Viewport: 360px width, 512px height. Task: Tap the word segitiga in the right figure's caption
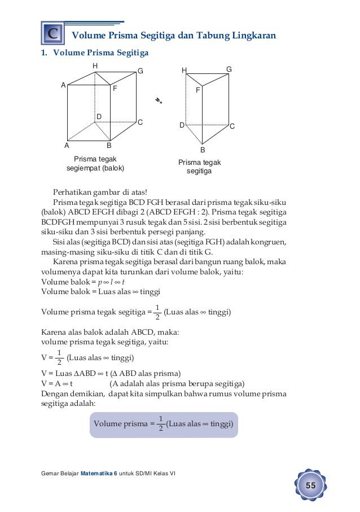(x=200, y=172)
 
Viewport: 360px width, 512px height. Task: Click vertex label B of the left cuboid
(x=109, y=145)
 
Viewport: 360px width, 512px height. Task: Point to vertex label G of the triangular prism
(x=229, y=69)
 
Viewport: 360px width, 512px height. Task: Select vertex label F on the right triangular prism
(x=198, y=90)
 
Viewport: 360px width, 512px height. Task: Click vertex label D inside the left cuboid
(x=98, y=116)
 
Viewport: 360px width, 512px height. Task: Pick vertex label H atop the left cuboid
(x=95, y=66)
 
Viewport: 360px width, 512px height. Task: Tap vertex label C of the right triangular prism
(x=232, y=126)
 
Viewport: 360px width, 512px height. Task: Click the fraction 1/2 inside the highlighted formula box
(x=161, y=423)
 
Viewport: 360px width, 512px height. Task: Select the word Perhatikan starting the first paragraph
(x=71, y=195)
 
